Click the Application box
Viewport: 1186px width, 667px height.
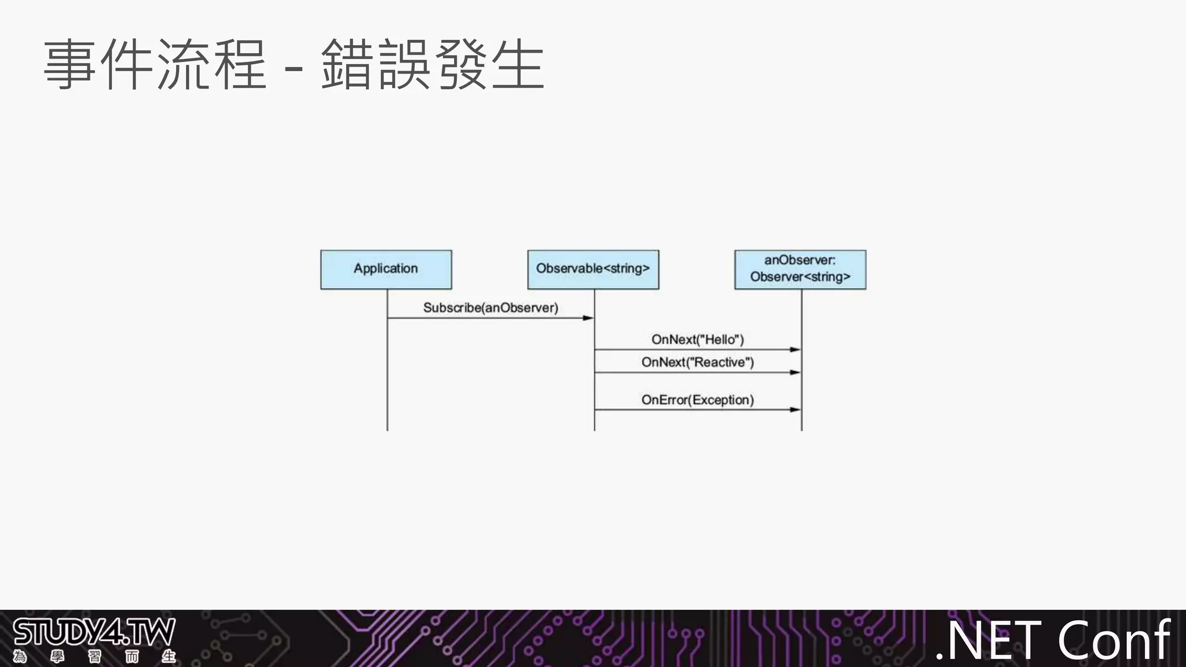[386, 269]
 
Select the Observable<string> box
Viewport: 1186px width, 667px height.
[593, 269]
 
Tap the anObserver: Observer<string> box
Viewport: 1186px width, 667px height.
[800, 269]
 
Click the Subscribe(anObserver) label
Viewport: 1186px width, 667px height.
[490, 307]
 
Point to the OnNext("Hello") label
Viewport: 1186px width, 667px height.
[697, 339]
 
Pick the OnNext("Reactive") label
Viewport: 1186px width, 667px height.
[697, 362]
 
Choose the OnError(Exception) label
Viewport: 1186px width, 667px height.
[697, 400]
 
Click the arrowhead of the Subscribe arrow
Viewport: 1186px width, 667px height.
[588, 318]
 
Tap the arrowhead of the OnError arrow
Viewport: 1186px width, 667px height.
[796, 410]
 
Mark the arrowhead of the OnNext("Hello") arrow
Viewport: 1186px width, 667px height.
[796, 350]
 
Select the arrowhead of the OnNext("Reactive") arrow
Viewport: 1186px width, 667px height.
[796, 372]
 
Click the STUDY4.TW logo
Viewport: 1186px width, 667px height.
[94, 633]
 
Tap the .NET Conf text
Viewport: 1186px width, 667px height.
[1053, 640]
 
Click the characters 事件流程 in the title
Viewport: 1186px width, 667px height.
[155, 65]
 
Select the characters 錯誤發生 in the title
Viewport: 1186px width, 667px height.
[433, 65]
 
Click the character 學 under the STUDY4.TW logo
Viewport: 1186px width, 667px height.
[57, 657]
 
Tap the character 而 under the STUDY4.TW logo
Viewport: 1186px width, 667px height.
[132, 657]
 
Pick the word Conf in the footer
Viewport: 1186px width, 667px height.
[1114, 640]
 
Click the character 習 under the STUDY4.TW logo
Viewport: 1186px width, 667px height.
[94, 657]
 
